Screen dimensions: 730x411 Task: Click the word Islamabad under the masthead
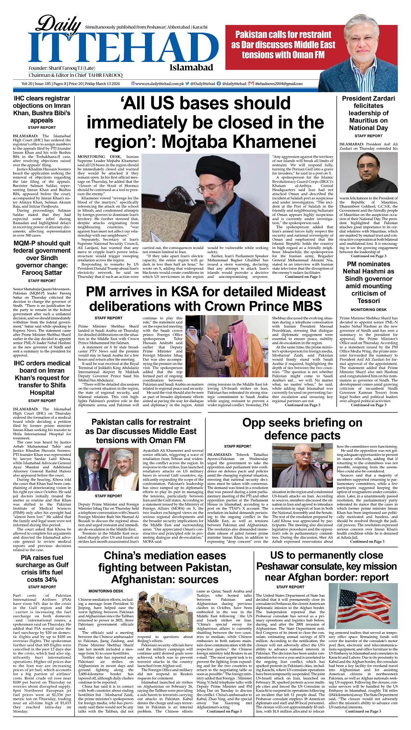pos(191,68)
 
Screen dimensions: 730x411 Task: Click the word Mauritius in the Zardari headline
pos(368,121)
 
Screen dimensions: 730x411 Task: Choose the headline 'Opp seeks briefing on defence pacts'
pos(302,429)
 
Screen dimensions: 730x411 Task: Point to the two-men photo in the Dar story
pos(109,469)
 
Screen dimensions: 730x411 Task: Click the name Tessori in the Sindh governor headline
pos(368,301)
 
